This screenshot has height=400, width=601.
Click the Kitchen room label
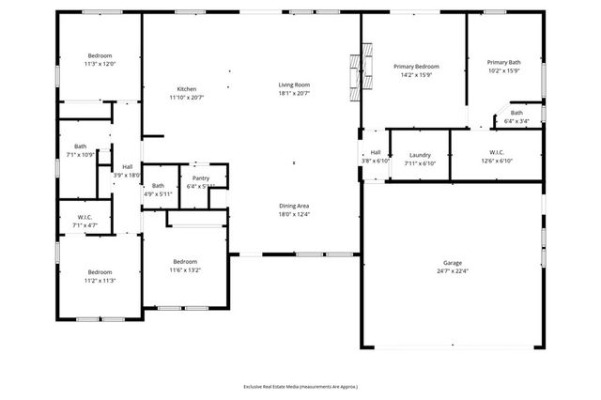click(x=186, y=88)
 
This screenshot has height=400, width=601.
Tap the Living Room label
click(x=294, y=85)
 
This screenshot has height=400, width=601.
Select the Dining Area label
click(x=294, y=206)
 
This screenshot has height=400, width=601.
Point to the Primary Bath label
click(x=504, y=62)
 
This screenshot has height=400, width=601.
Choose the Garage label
click(x=453, y=263)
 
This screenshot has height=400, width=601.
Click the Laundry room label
click(x=420, y=154)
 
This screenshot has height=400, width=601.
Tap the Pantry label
click(x=200, y=177)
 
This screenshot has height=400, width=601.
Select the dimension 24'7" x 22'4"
click(x=453, y=271)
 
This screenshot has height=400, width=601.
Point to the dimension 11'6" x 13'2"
click(x=185, y=270)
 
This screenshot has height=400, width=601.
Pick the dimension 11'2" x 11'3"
click(x=99, y=280)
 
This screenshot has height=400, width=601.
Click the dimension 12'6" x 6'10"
click(x=497, y=161)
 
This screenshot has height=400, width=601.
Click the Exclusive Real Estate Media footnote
click(x=300, y=386)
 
